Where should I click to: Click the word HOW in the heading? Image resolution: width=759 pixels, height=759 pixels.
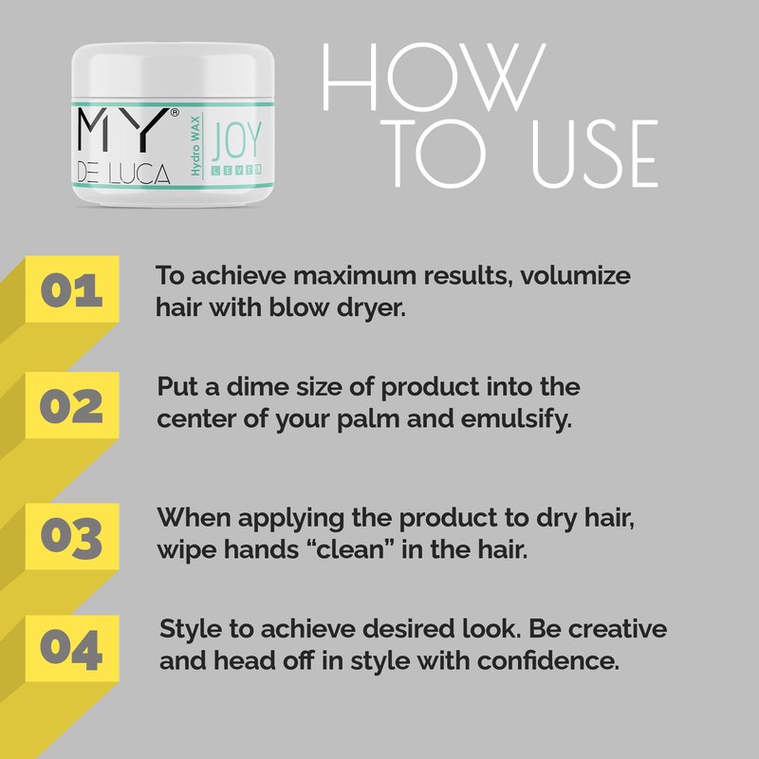pyautogui.click(x=435, y=77)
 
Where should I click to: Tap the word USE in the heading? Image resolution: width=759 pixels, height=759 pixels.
pyautogui.click(x=595, y=154)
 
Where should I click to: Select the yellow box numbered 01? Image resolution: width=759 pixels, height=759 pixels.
pyautogui.click(x=72, y=289)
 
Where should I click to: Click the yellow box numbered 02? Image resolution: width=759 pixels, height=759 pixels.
pyautogui.click(x=72, y=405)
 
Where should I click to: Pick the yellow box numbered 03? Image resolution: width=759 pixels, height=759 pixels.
pyautogui.click(x=72, y=536)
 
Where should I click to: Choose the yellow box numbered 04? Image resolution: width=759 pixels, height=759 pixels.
pyautogui.click(x=72, y=648)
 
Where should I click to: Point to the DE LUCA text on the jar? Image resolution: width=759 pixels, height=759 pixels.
pyautogui.click(x=124, y=174)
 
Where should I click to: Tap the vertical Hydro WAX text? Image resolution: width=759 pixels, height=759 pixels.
pyautogui.click(x=195, y=146)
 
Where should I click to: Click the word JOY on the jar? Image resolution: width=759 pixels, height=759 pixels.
pyautogui.click(x=236, y=140)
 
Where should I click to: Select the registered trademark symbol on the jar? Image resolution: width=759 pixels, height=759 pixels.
pyautogui.click(x=175, y=112)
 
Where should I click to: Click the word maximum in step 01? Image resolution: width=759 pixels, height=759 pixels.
pyautogui.click(x=355, y=275)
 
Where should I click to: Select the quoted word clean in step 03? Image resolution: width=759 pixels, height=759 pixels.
pyautogui.click(x=346, y=550)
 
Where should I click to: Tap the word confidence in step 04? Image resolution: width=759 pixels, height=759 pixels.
pyautogui.click(x=548, y=660)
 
